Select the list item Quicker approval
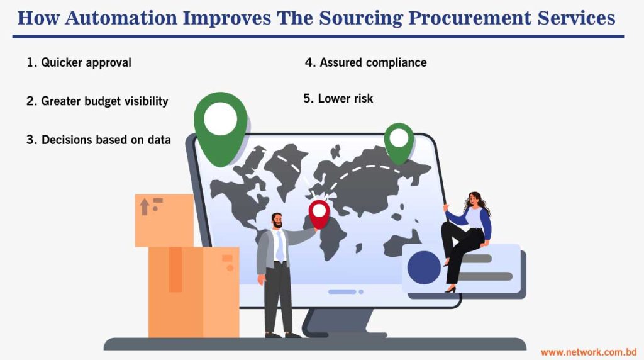(x=79, y=63)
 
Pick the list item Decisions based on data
(x=99, y=140)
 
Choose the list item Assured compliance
(x=366, y=62)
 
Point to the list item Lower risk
(x=338, y=98)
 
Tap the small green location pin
(x=398, y=141)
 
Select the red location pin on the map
(x=319, y=213)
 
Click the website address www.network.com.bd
(x=589, y=351)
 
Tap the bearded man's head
(x=277, y=221)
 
